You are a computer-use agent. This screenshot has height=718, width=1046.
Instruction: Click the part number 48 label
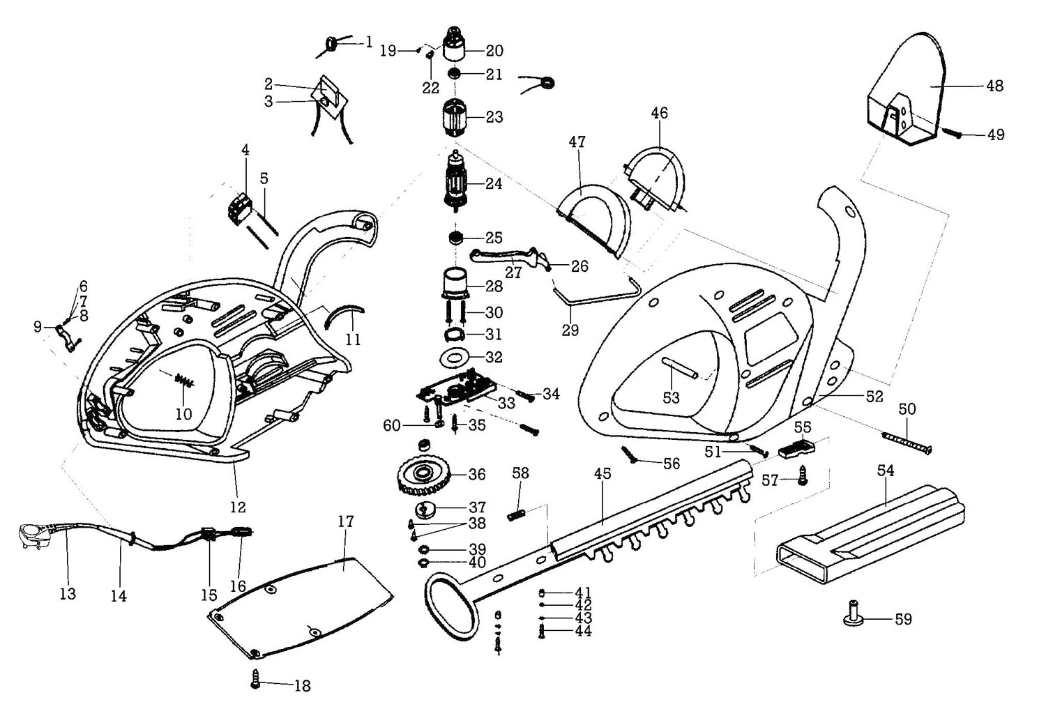tap(995, 86)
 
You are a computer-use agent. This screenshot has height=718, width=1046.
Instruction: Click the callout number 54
tap(886, 471)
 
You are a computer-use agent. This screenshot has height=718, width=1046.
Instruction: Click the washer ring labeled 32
tap(457, 358)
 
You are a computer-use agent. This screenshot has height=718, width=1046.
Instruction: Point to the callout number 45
tap(602, 474)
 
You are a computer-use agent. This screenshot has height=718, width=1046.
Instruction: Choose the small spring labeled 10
tap(185, 380)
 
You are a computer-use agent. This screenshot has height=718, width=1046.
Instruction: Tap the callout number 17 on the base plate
tap(346, 521)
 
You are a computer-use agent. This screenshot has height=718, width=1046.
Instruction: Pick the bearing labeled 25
tap(457, 238)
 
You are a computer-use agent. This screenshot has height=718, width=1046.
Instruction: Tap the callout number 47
tap(577, 142)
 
